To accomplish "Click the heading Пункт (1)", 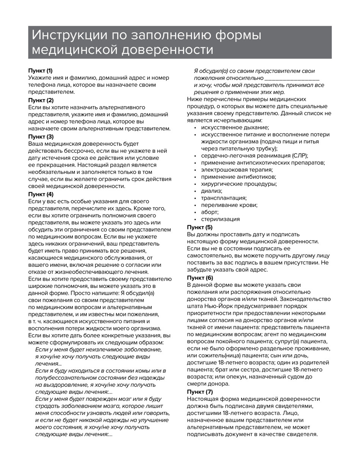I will (x=41, y=71).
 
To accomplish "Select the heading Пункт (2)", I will (x=41, y=100).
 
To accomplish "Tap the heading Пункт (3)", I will (x=41, y=137).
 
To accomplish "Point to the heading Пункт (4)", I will (x=41, y=194).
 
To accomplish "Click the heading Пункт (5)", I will (x=199, y=227).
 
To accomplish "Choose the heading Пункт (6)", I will (x=199, y=278).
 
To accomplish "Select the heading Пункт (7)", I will (x=199, y=392).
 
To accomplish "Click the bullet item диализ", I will (x=211, y=191).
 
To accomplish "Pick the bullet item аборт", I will (x=210, y=212).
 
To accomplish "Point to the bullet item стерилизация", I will (x=220, y=219).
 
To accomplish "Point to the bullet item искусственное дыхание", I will (x=235, y=128).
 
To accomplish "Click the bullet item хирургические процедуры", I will (x=239, y=184).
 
